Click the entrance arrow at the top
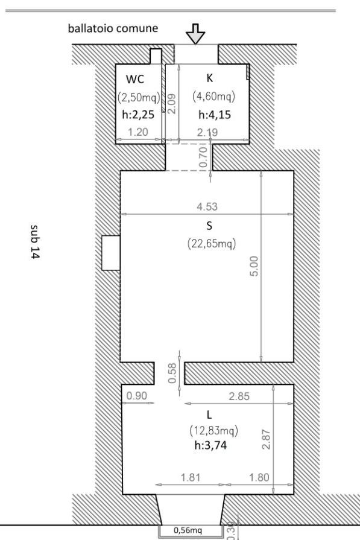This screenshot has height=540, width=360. [x=195, y=34]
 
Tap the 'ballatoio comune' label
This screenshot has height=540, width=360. [x=113, y=28]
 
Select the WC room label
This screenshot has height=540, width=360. [x=135, y=79]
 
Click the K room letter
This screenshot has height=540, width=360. [x=210, y=78]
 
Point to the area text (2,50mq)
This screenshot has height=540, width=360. [x=139, y=97]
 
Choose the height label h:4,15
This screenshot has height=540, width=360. [x=215, y=115]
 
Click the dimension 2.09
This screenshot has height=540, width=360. [x=172, y=104]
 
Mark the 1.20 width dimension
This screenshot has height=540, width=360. [x=137, y=132]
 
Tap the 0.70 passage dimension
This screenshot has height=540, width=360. [x=203, y=157]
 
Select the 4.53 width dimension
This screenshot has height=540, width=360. [x=207, y=206]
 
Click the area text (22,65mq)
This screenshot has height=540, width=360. [x=212, y=244]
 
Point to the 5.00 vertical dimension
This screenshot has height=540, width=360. [x=254, y=266]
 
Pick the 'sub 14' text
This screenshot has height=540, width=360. [x=35, y=241]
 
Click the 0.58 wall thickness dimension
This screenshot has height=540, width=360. [x=172, y=373]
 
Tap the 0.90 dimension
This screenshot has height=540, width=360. [x=137, y=396]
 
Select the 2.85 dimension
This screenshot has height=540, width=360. [x=239, y=396]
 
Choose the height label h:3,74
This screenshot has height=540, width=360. [x=210, y=445]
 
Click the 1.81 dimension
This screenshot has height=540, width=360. [x=191, y=477]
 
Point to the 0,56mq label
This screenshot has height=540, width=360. [x=188, y=530]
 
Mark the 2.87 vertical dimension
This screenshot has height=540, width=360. [x=266, y=439]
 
